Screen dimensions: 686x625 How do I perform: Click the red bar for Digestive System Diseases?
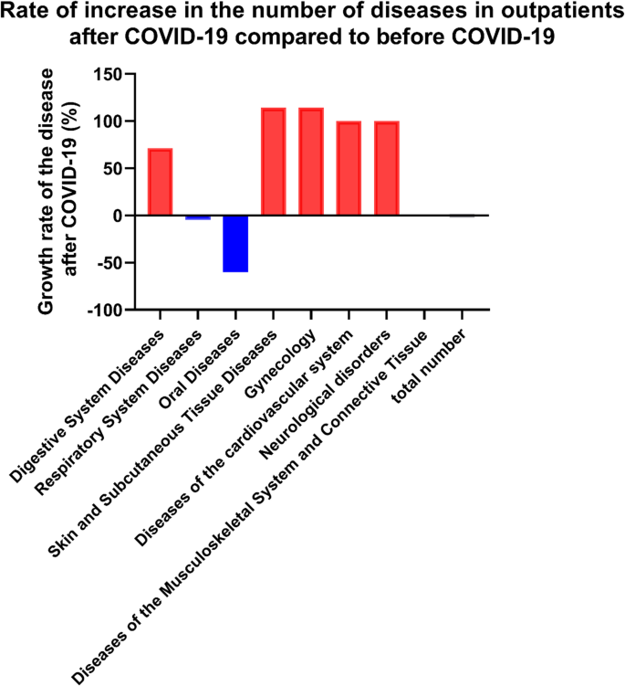(160, 182)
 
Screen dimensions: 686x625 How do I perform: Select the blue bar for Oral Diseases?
(235, 244)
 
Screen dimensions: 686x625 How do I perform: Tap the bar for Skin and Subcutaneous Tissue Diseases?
(273, 162)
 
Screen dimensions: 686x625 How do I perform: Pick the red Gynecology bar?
(311, 162)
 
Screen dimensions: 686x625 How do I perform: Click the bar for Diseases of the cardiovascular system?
(349, 168)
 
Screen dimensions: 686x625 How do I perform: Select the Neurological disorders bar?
(387, 168)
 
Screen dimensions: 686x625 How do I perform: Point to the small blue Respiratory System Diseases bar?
(198, 217)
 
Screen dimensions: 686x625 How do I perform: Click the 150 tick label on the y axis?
(108, 74)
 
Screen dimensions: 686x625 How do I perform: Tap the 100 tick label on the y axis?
(108, 121)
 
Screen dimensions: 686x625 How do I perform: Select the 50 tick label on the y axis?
(112, 169)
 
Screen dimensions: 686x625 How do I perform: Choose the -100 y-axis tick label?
(104, 311)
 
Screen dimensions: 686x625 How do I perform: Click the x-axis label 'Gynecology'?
(286, 364)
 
